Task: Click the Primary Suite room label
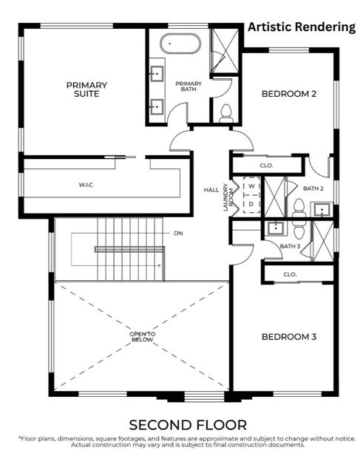(x=86, y=89)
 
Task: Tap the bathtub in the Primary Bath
(x=180, y=44)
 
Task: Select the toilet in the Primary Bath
(x=225, y=114)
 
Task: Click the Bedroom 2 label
(x=289, y=94)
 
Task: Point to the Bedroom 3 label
(x=289, y=337)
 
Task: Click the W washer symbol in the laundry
(x=251, y=186)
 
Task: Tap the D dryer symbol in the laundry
(x=251, y=204)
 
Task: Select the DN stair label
(x=178, y=234)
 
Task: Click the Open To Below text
(x=142, y=337)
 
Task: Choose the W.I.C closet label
(x=86, y=185)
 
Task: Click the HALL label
(x=211, y=190)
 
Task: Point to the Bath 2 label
(x=313, y=188)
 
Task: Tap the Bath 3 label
(x=290, y=246)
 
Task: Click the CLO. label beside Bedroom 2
(x=266, y=166)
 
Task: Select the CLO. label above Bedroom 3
(x=290, y=274)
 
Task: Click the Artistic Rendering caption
(x=302, y=27)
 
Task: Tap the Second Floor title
(x=188, y=425)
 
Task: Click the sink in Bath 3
(x=275, y=228)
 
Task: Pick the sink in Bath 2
(x=322, y=209)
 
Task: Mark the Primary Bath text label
(x=189, y=86)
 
